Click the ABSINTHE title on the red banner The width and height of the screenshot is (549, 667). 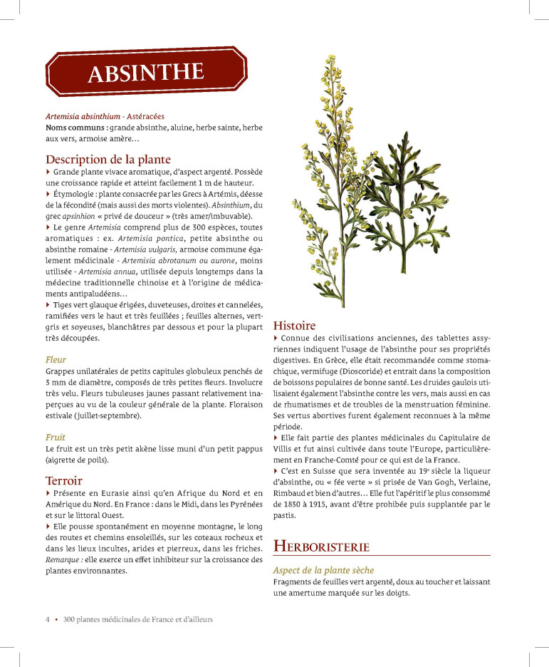pos(146,73)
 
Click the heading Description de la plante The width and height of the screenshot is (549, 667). pos(108,159)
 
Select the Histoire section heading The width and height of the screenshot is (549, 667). pos(294,325)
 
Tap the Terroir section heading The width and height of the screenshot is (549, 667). pos(64,480)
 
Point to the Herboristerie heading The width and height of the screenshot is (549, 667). pos(321,547)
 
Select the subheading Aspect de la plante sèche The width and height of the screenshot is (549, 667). pos(323,570)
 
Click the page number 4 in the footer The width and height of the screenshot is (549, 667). pos(48,619)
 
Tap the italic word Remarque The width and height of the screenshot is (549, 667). pos(63,559)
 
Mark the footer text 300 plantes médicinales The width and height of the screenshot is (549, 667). pos(106,619)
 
